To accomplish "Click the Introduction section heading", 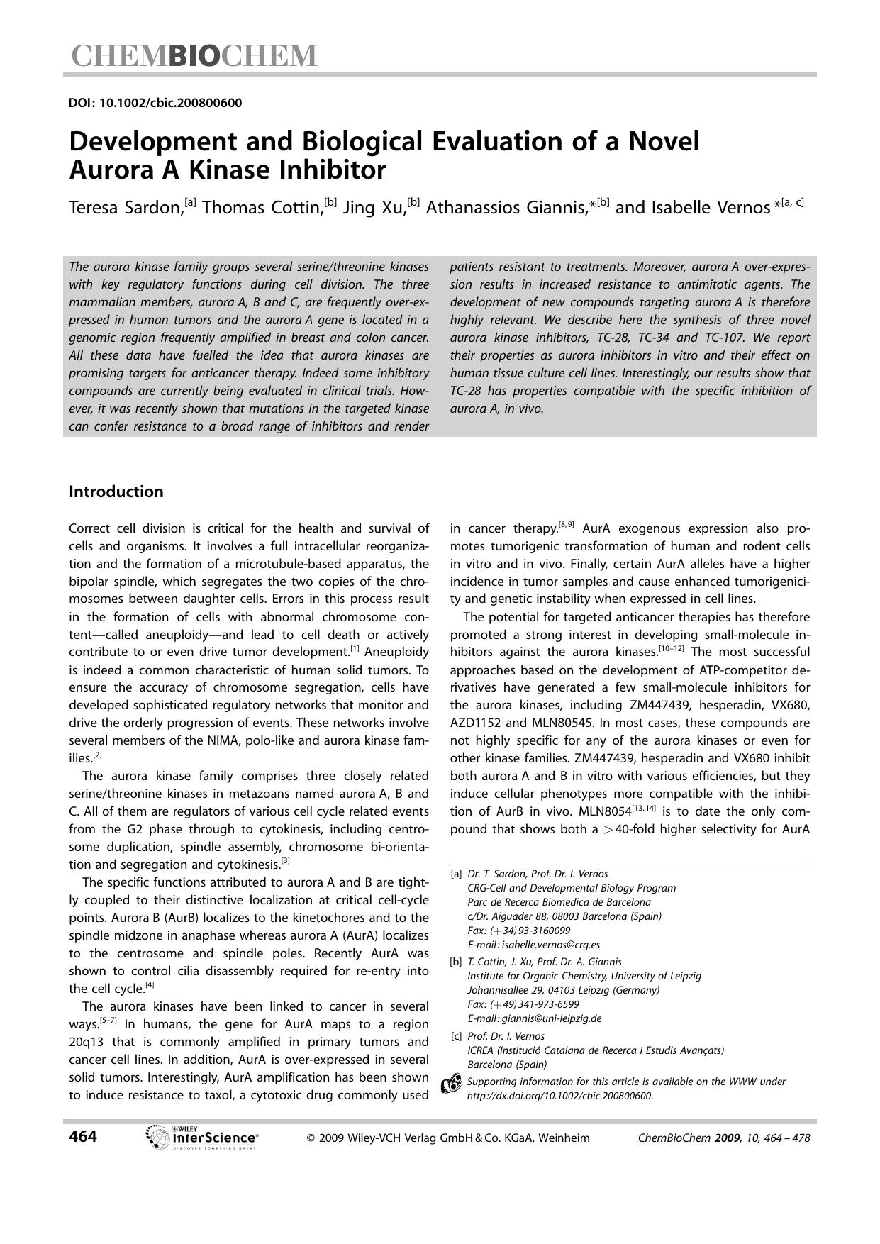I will (x=116, y=492).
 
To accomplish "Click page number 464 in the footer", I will (x=83, y=1137).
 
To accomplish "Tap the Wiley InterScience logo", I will (x=201, y=1138).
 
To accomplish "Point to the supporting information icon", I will (x=451, y=1085).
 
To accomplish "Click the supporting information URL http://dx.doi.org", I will (x=560, y=1096).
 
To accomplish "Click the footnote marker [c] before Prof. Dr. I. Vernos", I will (x=457, y=1036).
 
